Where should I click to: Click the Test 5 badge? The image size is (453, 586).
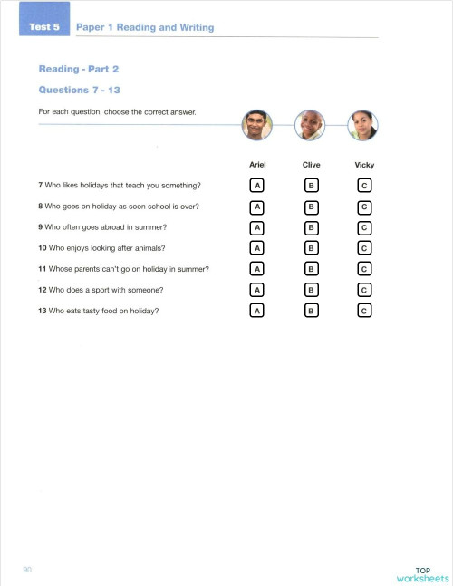[x=43, y=27]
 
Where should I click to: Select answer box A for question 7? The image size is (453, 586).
[x=257, y=185]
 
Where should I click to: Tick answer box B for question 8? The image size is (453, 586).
[x=310, y=206]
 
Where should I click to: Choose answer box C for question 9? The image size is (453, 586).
[x=364, y=226]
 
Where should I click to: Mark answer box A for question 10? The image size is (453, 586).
[x=257, y=247]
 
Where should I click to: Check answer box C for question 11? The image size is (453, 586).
[x=364, y=269]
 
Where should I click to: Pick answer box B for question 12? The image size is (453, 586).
[x=310, y=290]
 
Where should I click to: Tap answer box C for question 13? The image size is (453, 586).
[x=364, y=311]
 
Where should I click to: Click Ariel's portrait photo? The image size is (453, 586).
[x=257, y=126]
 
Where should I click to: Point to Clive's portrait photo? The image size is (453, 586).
[x=310, y=126]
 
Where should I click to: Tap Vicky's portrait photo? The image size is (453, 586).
[x=363, y=126]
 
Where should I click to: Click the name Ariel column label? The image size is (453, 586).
[x=257, y=165]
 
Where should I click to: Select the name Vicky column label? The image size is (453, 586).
[x=364, y=165]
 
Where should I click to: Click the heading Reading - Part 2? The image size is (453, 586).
[x=79, y=69]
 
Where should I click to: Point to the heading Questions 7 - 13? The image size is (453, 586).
[x=80, y=90]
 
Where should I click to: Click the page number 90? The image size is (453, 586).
[x=27, y=569]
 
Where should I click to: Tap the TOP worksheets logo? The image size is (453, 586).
[x=422, y=574]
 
